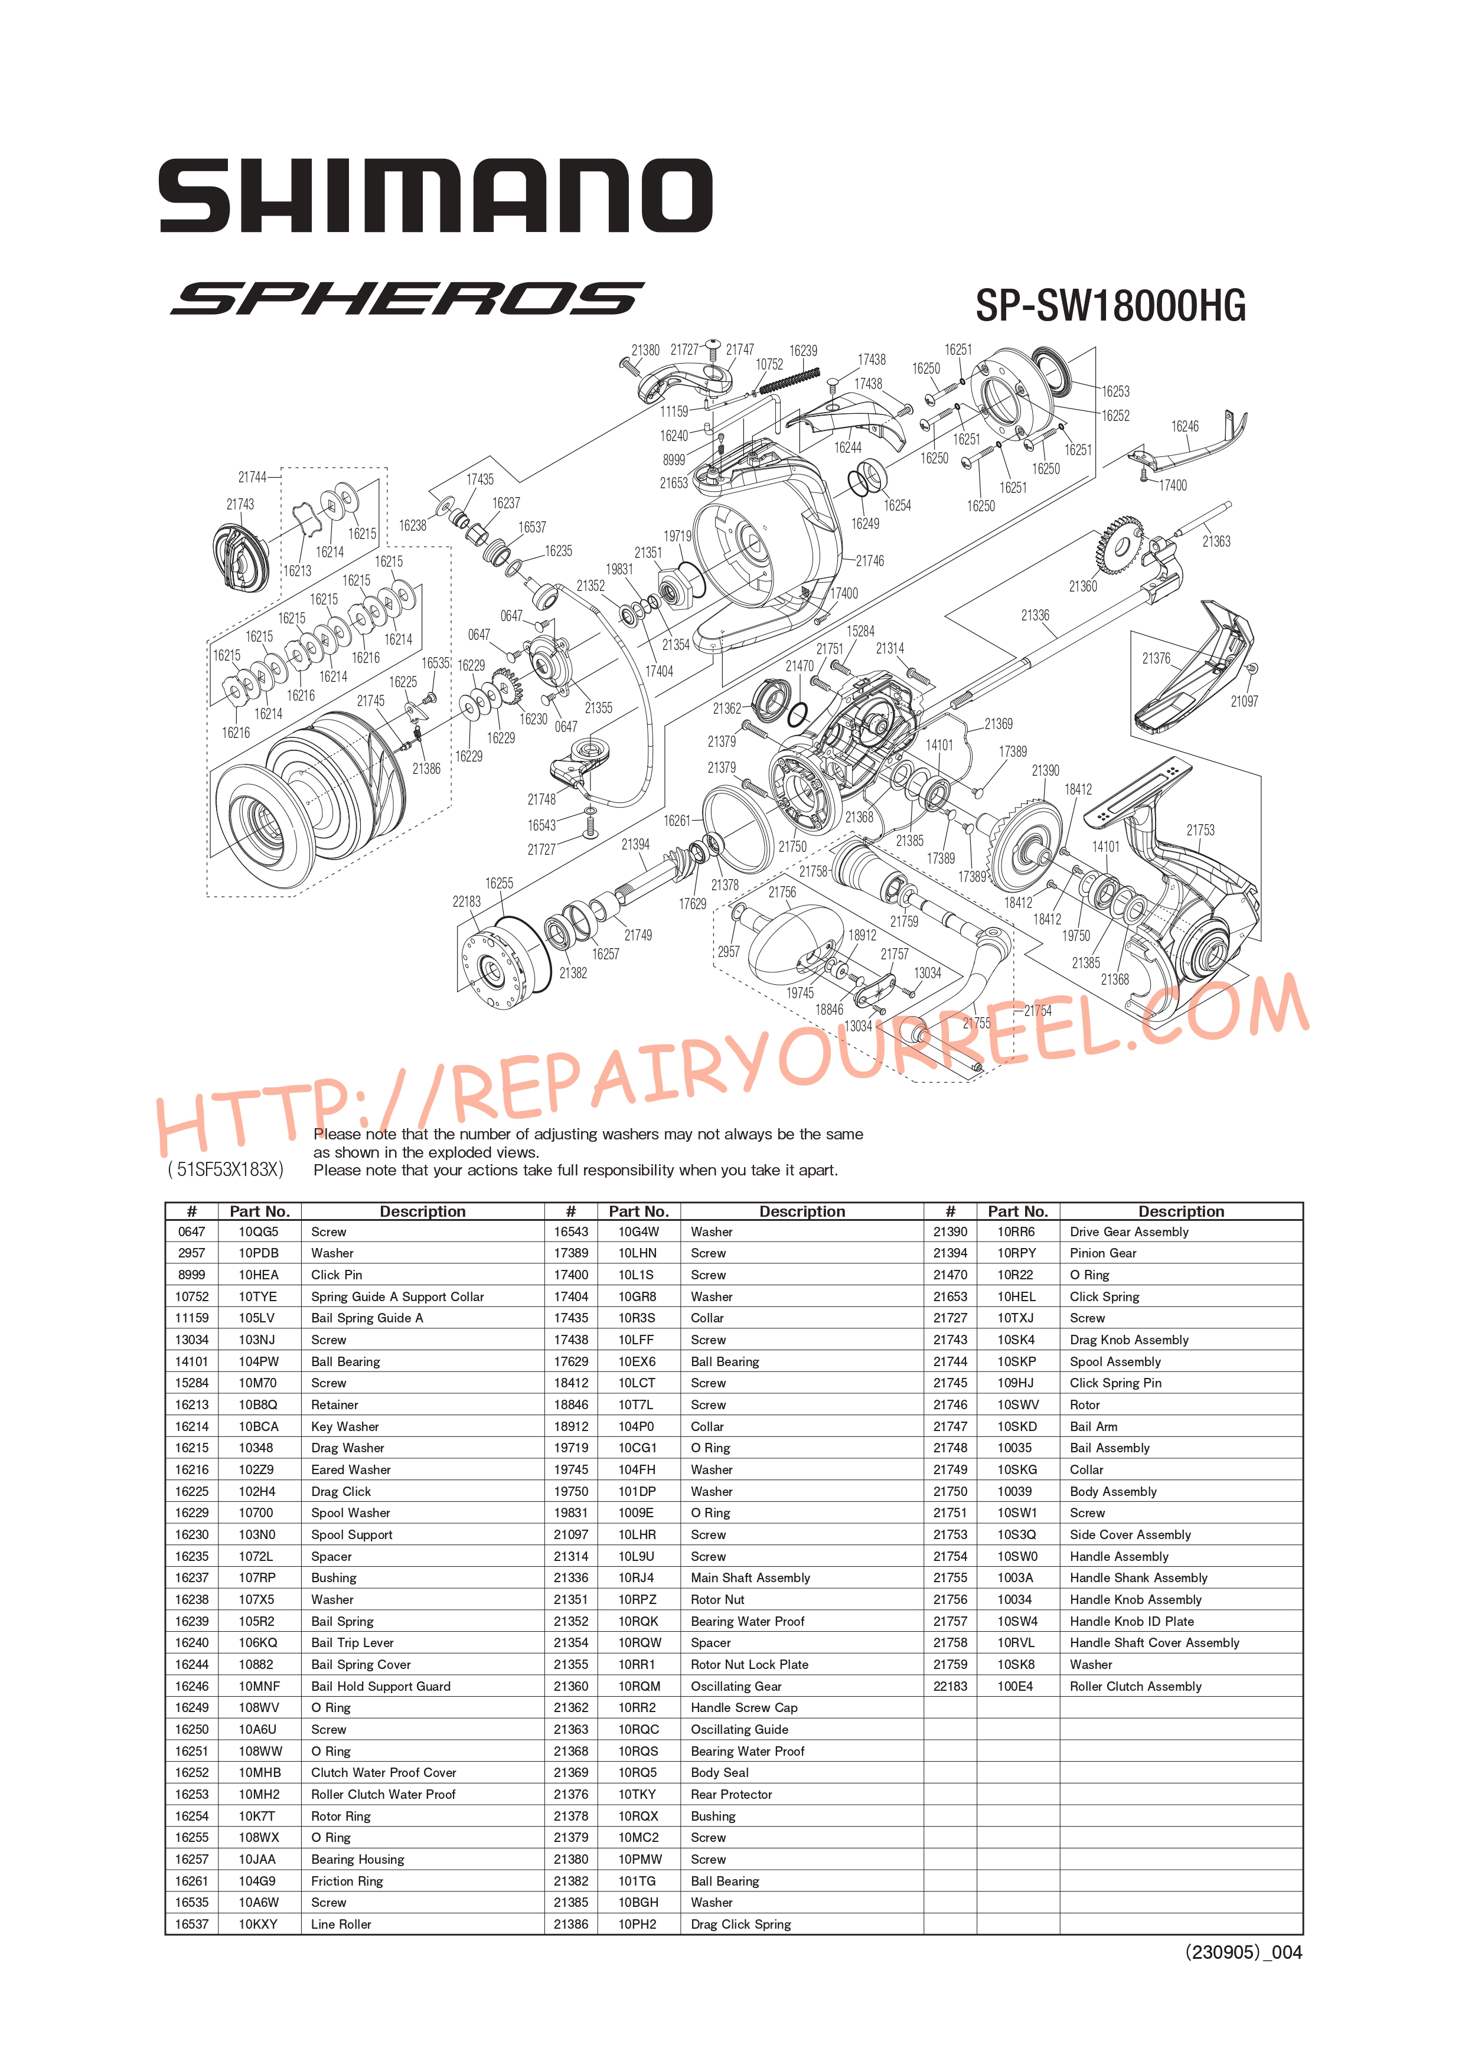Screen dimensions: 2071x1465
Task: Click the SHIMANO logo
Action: (x=436, y=196)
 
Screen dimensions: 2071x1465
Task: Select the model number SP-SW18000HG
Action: (x=1111, y=306)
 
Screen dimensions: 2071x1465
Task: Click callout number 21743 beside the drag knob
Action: (x=240, y=504)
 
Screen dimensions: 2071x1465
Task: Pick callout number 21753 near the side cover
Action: (x=1200, y=830)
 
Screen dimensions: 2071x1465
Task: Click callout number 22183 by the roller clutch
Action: (x=466, y=901)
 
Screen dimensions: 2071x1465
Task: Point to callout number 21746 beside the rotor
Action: (x=870, y=561)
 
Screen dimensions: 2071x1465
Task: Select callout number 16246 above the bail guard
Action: (x=1185, y=427)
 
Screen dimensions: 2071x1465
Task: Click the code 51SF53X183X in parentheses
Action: (x=226, y=1170)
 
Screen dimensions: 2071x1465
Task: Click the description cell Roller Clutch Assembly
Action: (x=1135, y=1686)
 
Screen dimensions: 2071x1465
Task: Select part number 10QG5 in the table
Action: (x=258, y=1232)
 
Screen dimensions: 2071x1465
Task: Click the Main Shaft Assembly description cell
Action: (x=750, y=1577)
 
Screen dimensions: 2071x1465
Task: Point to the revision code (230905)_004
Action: (x=1243, y=1952)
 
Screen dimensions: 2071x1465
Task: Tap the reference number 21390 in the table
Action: (x=950, y=1232)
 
